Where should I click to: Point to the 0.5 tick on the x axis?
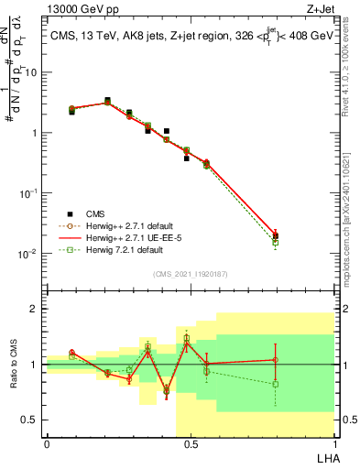[x=191, y=444]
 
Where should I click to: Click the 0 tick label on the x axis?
[x=47, y=444]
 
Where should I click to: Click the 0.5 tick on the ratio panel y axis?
[x=32, y=420]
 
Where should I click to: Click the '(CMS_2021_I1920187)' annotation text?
[x=190, y=274]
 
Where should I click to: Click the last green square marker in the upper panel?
[x=275, y=243]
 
